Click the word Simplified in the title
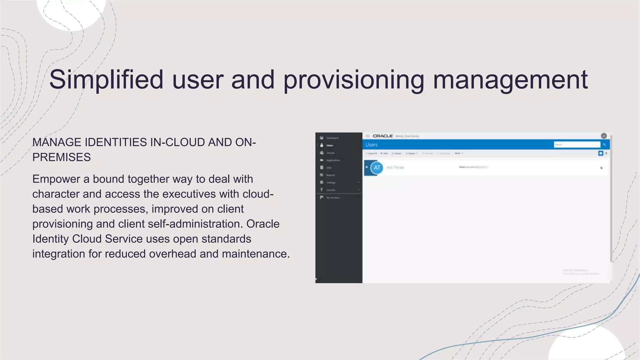[106, 80]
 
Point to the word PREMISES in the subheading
[62, 157]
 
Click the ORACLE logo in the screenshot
[383, 136]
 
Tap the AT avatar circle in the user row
[377, 168]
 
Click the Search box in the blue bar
[577, 145]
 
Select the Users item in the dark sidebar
[329, 145]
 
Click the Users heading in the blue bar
[372, 145]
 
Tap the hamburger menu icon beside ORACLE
[368, 136]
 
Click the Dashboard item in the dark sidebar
[332, 138]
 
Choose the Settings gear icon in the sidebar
[322, 182]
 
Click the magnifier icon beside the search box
[604, 145]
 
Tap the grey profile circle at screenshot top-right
[604, 136]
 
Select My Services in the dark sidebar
[332, 197]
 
